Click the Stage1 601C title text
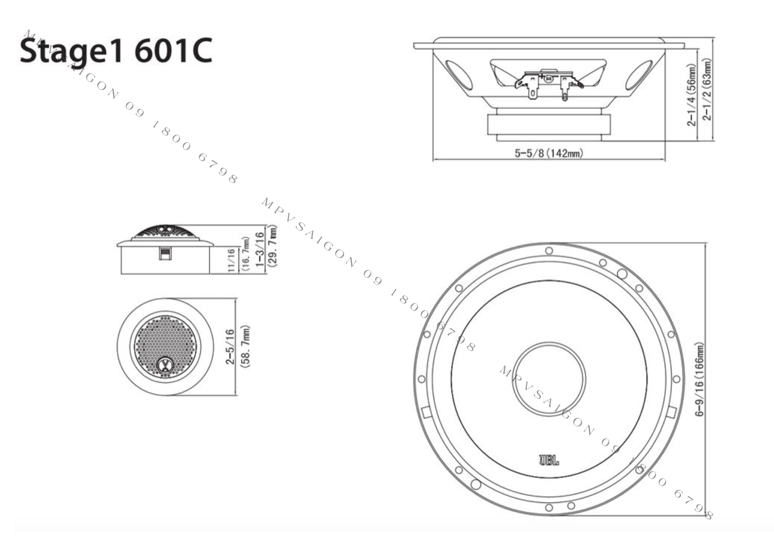[115, 51]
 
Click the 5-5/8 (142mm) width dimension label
[549, 153]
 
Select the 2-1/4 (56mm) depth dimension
[692, 95]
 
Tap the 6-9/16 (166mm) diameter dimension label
[700, 380]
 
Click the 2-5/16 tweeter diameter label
[230, 346]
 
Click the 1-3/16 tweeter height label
[259, 249]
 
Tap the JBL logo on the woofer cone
[549, 460]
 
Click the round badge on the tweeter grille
[165, 365]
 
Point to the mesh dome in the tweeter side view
[165, 232]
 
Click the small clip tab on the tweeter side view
[165, 254]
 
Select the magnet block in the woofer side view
[549, 125]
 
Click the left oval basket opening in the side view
[459, 76]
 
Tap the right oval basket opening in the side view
[639, 76]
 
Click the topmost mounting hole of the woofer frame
[549, 251]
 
